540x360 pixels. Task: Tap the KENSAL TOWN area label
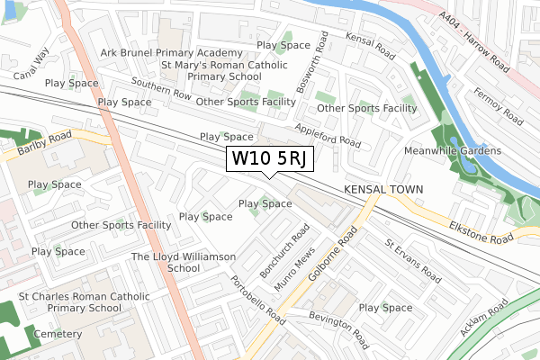click(381, 190)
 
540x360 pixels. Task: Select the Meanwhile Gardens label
click(453, 150)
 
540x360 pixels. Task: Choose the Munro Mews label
click(294, 269)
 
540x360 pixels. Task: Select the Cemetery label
click(58, 333)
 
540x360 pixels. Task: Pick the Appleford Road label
click(327, 135)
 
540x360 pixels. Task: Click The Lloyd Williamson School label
click(184, 262)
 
